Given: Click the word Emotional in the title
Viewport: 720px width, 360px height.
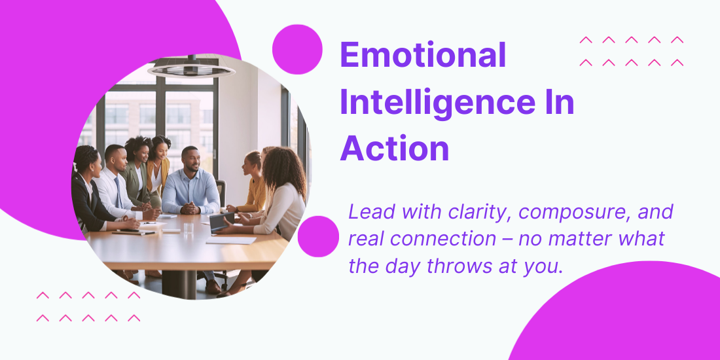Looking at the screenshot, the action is pyautogui.click(x=423, y=55).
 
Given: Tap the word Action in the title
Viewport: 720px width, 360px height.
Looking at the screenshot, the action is pyautogui.click(x=395, y=149).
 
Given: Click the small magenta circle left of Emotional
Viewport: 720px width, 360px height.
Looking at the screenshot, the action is pyautogui.click(x=297, y=50).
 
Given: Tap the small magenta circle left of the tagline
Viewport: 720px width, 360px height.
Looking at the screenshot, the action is pyautogui.click(x=318, y=236).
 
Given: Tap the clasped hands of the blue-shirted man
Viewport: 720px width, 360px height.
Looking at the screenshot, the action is pyautogui.click(x=190, y=208).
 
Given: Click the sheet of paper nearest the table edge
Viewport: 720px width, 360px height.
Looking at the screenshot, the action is pyautogui.click(x=231, y=240).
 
